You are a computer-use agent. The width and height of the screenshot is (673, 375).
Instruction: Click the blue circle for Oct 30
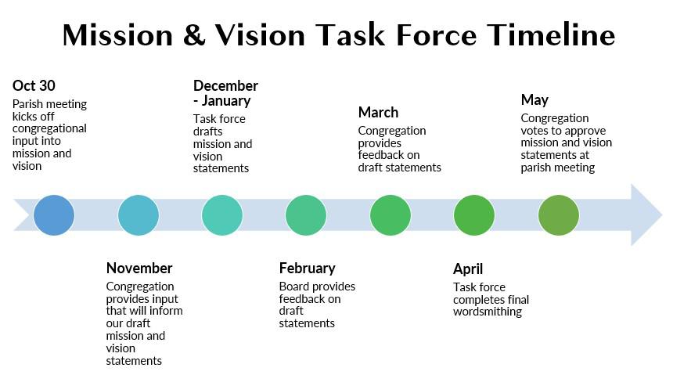point(54,215)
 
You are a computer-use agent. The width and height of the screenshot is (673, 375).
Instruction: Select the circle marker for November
point(139,215)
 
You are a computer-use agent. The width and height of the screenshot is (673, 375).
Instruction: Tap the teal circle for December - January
point(222,215)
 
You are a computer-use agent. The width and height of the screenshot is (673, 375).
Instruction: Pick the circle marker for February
point(306,215)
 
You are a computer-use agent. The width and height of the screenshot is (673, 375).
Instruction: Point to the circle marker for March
point(390,215)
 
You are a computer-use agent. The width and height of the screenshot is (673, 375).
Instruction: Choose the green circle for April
point(474,215)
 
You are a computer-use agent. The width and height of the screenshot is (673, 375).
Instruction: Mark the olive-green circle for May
point(559,215)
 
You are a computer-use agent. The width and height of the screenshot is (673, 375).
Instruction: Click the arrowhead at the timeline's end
point(646,215)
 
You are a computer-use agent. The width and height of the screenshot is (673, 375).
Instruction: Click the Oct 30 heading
point(34,85)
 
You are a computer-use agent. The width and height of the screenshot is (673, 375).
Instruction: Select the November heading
point(139,268)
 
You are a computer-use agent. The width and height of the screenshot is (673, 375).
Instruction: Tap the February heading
point(308,269)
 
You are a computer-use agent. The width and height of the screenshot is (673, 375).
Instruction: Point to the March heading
point(378,112)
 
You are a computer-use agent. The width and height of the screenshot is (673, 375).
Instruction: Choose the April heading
point(468,269)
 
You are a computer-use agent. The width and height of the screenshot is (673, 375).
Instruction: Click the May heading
point(534,100)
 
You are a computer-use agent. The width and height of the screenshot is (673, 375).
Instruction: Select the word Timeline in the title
point(551,34)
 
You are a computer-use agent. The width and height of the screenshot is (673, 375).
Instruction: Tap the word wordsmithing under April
point(488,312)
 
